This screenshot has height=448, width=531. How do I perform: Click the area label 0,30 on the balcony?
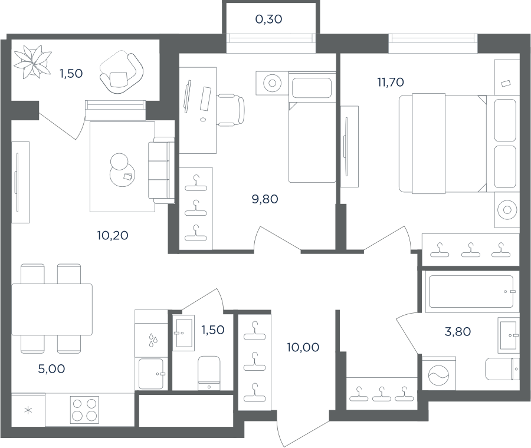coord(268,19)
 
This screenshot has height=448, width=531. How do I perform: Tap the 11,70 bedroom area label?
coord(391,82)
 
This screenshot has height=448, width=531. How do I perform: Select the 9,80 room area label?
coord(265,199)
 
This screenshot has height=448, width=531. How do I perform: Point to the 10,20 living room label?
coord(113,235)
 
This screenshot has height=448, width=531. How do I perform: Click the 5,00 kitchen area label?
coord(51,369)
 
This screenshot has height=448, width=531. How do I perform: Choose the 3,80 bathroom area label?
coord(457,332)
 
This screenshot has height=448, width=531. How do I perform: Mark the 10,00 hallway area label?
coord(303,347)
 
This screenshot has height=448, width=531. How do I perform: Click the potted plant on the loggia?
coord(32,62)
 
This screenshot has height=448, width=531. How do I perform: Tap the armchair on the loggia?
coord(121,71)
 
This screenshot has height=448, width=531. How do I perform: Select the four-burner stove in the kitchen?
coord(84,410)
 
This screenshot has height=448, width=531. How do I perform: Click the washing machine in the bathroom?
coord(438,374)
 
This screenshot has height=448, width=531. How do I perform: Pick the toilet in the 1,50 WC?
coord(209,373)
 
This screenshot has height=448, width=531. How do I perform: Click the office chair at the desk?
coord(231,110)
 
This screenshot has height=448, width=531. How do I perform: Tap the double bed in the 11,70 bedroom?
coord(443,143)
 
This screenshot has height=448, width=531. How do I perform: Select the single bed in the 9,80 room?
coord(312,127)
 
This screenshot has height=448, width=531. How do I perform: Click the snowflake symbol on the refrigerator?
coord(28,411)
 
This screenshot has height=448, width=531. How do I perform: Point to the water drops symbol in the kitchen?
coord(153,340)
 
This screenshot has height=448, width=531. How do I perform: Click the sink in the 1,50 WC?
coord(183,332)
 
